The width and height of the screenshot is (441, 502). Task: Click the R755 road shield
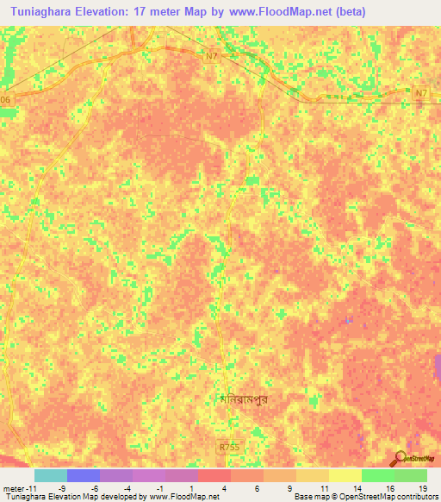coord(227,447)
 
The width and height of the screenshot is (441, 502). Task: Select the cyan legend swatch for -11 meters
coord(50,475)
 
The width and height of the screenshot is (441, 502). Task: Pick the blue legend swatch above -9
coord(83,475)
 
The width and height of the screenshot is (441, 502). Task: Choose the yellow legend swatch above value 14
coord(345,475)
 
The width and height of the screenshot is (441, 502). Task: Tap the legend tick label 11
coord(325,488)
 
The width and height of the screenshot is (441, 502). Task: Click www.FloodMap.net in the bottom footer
coord(183,498)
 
